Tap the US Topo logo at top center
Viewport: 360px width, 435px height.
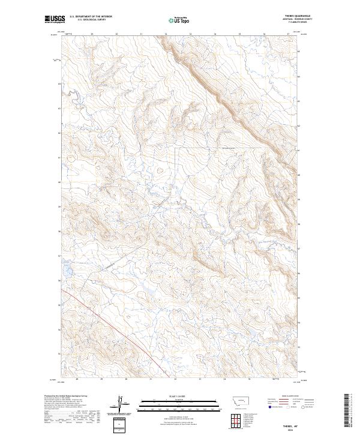(x=179, y=20)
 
